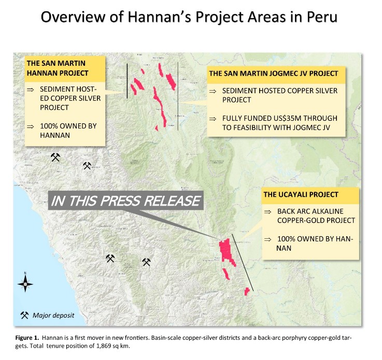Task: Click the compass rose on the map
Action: (25, 283)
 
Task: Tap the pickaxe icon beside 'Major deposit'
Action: (24, 315)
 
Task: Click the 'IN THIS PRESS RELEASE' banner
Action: (126, 200)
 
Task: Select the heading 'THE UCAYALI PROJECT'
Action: (301, 194)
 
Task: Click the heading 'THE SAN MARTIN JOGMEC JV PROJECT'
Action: (274, 74)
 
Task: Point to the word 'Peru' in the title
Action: (322, 17)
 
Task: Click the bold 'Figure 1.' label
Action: (27, 338)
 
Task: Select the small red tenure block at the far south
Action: (247, 291)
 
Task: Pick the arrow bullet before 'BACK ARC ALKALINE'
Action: (267, 212)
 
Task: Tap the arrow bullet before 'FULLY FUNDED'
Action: (213, 119)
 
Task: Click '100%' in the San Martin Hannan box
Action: (49, 126)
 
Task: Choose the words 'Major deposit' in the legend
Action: (53, 315)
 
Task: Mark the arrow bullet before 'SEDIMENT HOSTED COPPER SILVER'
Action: (213, 91)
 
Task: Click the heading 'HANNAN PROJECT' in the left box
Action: (58, 73)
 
